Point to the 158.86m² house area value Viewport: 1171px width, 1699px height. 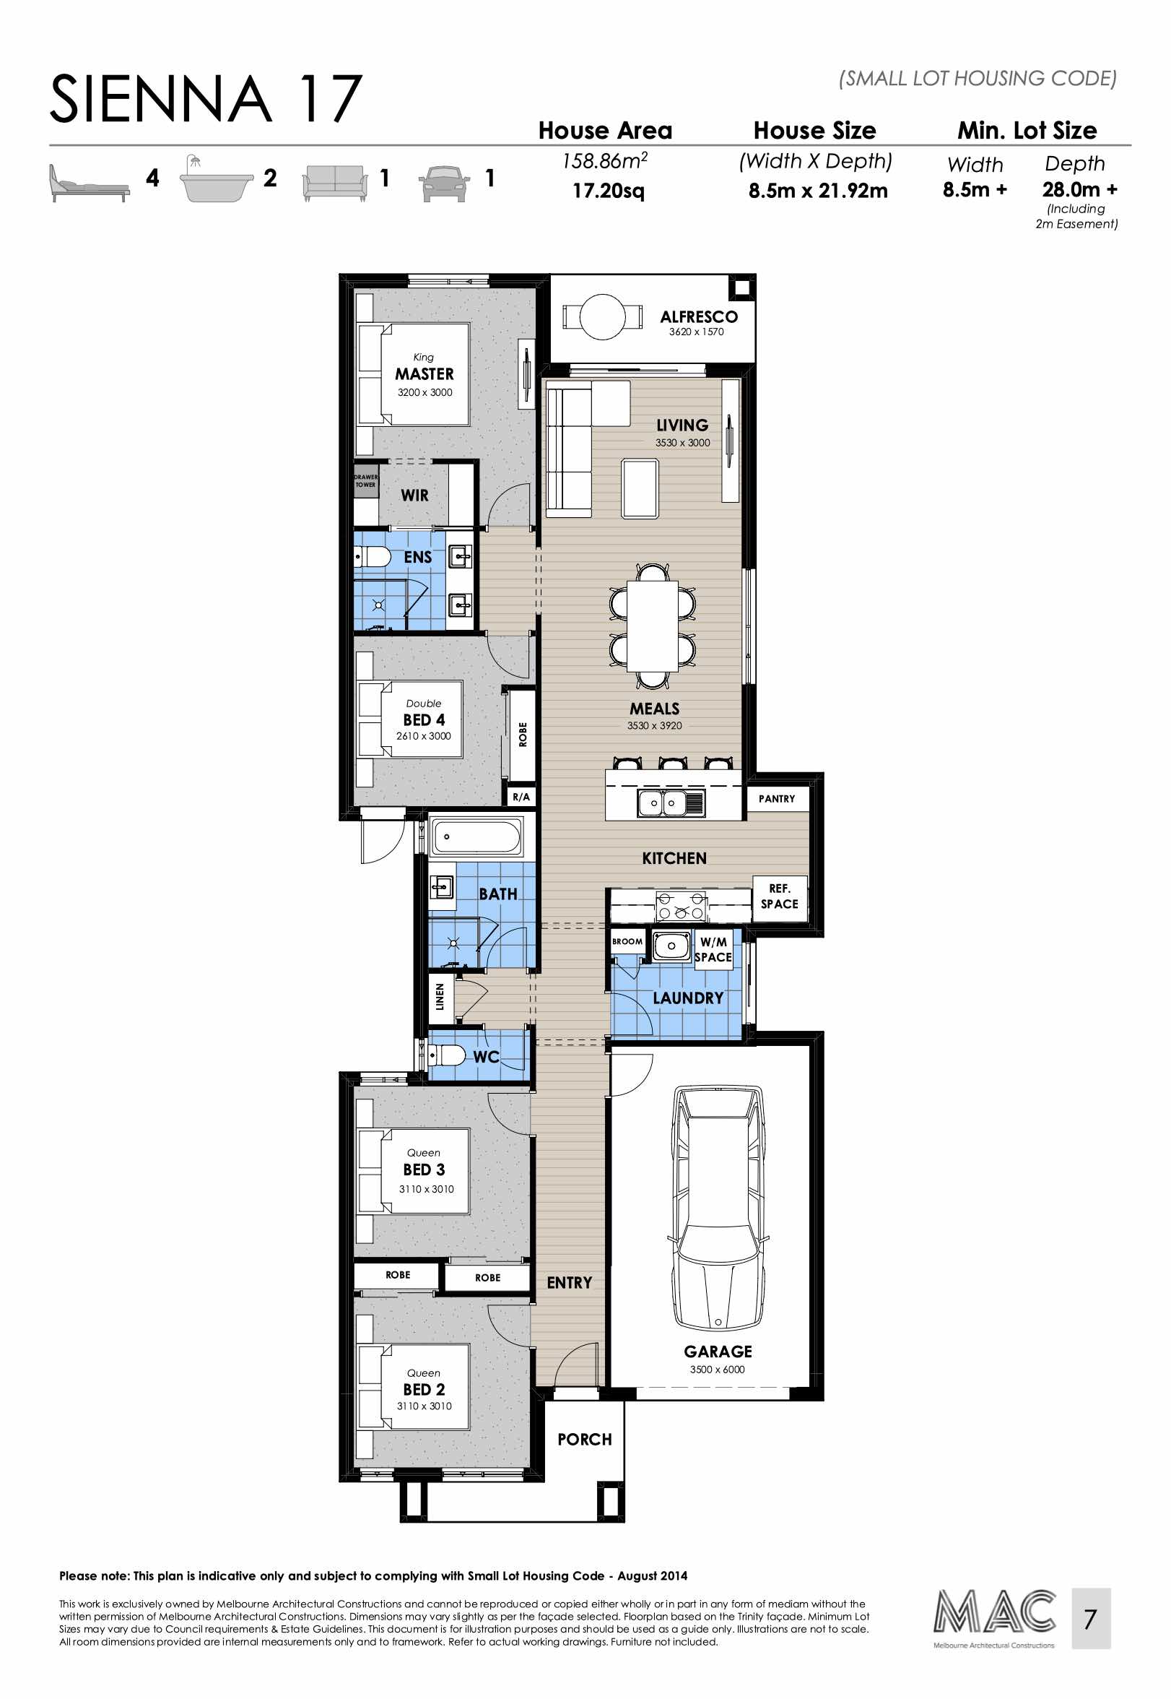pos(604,161)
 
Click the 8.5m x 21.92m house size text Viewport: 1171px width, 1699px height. pos(817,191)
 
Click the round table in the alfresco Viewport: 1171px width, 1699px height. pos(601,316)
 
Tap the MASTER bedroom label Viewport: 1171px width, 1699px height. pos(424,373)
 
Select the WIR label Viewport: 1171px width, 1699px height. pos(414,496)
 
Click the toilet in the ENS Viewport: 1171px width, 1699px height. pos(373,557)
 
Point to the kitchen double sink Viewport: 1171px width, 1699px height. pos(663,803)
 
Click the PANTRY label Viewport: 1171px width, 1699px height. pos(776,798)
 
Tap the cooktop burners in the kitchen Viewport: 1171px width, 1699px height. pos(680,907)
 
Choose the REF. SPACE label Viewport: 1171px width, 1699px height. pos(779,896)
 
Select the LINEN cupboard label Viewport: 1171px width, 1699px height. pos(440,997)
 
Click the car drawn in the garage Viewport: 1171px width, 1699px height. pos(718,1207)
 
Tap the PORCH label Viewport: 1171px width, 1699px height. pos(584,1439)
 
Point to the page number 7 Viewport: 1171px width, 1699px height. pos(1089,1618)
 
